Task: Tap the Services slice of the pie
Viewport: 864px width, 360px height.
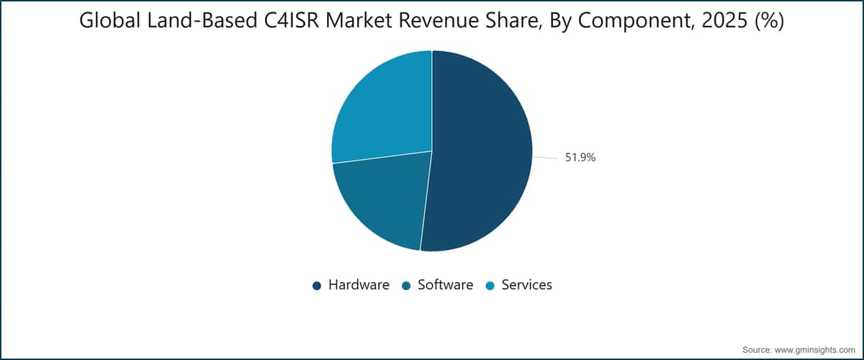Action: (384, 108)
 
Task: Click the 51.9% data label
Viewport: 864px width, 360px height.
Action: (580, 158)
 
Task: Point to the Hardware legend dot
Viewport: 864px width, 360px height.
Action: (317, 286)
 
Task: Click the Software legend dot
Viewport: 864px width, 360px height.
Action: (406, 286)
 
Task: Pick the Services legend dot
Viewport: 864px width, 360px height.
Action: (490, 286)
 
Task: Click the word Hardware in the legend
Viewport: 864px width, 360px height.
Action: (359, 284)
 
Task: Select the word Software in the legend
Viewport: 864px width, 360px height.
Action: (446, 284)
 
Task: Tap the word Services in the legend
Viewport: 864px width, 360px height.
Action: (526, 284)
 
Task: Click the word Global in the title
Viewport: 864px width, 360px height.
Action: (110, 20)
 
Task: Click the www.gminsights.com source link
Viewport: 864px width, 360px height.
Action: (814, 350)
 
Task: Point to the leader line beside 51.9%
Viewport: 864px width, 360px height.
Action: (546, 158)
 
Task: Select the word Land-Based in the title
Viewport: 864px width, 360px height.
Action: (202, 20)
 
